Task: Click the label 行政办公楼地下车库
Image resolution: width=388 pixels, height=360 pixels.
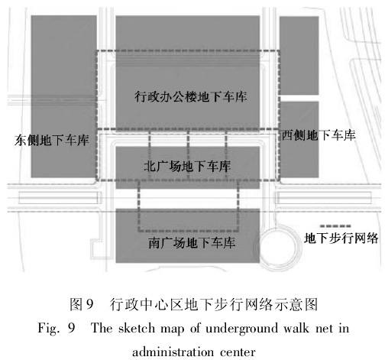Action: tap(191, 97)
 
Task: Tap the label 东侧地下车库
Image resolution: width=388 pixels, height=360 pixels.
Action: tap(52, 140)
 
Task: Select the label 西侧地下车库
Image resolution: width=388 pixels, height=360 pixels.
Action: tap(318, 135)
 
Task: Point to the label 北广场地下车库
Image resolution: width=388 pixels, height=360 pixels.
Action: tap(187, 167)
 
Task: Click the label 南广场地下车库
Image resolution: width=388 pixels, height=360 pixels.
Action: tap(192, 243)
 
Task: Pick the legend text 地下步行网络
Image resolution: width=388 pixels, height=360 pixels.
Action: tap(341, 238)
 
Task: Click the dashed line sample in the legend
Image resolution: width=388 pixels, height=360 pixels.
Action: tap(335, 226)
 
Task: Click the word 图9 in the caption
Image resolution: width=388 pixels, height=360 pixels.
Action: tap(82, 303)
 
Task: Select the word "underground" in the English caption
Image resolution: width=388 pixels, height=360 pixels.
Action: tap(241, 329)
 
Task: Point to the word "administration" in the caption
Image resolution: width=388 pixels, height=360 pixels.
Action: tap(173, 352)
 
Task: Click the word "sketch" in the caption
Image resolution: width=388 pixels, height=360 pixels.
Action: tap(137, 328)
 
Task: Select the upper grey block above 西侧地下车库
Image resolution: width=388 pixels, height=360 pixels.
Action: tap(299, 56)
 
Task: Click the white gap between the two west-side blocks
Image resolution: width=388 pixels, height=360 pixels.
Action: tap(299, 99)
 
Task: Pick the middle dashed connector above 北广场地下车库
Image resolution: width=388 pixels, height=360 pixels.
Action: tap(188, 154)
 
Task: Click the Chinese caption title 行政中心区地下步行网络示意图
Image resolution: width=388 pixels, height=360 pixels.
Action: tap(214, 303)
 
